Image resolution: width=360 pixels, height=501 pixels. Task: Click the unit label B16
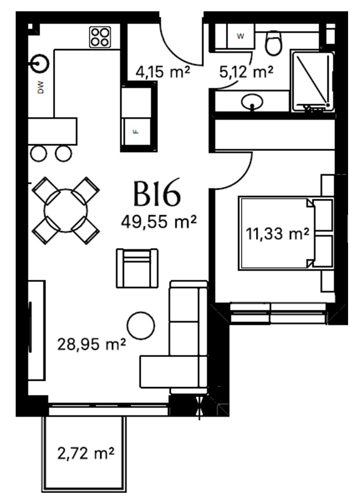coord(157,194)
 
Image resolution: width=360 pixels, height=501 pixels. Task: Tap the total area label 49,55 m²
coord(158,221)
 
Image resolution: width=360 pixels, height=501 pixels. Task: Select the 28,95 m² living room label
coord(91,344)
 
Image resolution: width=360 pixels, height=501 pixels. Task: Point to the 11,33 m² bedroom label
coord(277,234)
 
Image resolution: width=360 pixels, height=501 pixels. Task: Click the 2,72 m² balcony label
coord(86,453)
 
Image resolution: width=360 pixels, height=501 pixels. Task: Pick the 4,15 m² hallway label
coord(163,72)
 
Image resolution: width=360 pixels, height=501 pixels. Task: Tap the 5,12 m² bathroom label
coord(246,72)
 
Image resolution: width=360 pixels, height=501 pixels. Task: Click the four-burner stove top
coord(100,38)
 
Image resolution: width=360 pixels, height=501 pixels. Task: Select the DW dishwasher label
coord(41,87)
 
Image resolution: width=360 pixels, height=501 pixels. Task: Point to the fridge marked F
coord(136,132)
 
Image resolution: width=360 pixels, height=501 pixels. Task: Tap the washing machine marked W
coord(240,36)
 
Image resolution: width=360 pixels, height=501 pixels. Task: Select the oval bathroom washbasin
coord(252,101)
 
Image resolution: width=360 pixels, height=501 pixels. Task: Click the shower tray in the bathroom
coord(312,81)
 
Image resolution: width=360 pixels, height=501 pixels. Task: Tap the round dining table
coord(66,211)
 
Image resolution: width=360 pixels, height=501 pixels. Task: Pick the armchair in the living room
coord(137,269)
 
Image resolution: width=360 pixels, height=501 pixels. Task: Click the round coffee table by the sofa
coord(141,326)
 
